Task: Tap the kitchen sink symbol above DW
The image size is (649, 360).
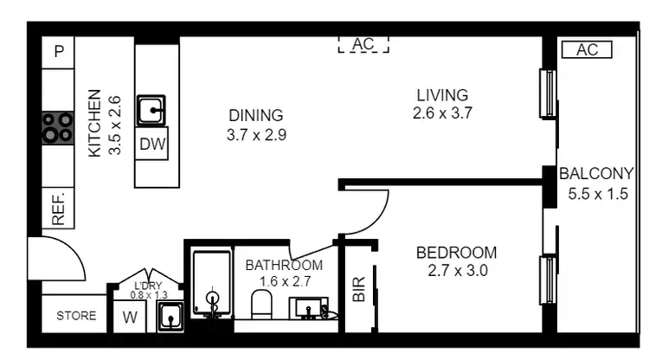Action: [152, 111]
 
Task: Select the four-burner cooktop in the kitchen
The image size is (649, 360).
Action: [57, 128]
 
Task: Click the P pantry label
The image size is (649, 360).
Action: [59, 51]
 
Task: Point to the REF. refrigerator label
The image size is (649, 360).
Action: [59, 209]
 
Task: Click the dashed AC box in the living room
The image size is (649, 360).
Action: [363, 43]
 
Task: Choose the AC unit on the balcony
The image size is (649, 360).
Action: [587, 50]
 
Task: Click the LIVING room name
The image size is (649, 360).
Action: [441, 94]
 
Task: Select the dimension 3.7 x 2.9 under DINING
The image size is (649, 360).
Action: [256, 135]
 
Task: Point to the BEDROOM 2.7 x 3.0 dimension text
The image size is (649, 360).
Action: [456, 270]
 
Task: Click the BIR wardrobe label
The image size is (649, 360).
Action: [359, 288]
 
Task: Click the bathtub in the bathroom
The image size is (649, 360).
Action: [211, 284]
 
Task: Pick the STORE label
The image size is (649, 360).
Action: [76, 316]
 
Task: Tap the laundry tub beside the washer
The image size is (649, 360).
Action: [170, 317]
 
